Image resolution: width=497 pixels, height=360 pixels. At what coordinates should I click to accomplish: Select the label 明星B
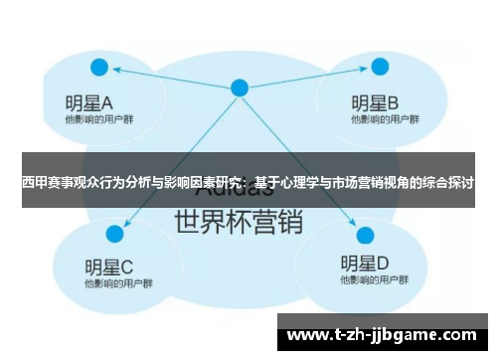pyautogui.click(x=375, y=102)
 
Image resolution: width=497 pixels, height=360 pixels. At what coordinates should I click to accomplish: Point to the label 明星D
pyautogui.click(x=364, y=264)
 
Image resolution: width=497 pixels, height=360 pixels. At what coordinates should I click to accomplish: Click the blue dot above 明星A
pyautogui.click(x=99, y=68)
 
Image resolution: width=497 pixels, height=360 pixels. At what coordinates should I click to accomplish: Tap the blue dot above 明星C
pyautogui.click(x=114, y=234)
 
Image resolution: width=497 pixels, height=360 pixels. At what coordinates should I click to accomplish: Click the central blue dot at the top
pyautogui.click(x=240, y=88)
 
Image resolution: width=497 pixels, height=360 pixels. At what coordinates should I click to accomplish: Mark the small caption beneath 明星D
pyautogui.click(x=364, y=282)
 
